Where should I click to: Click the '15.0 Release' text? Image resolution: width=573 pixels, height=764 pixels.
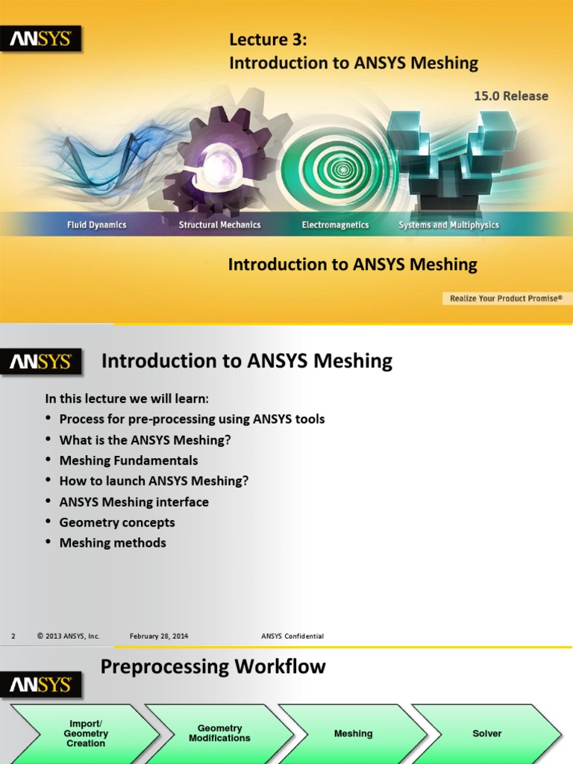click(x=511, y=96)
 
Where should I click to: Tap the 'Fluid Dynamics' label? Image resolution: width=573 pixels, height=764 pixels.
click(x=97, y=225)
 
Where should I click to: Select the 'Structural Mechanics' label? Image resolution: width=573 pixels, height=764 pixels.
click(x=220, y=225)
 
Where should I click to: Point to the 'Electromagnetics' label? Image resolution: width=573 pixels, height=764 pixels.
click(x=335, y=225)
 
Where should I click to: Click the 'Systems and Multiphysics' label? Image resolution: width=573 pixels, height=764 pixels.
click(x=448, y=225)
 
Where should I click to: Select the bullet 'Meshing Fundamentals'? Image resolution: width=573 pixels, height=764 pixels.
click(x=128, y=460)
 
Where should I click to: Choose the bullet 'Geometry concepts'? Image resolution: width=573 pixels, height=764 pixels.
click(x=117, y=522)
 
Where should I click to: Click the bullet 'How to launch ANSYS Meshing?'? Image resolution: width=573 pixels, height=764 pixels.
click(x=154, y=481)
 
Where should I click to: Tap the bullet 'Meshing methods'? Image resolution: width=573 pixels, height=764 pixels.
click(x=113, y=543)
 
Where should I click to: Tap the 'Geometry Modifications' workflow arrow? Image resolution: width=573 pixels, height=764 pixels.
click(x=219, y=733)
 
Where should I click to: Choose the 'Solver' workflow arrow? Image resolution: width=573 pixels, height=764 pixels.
click(x=486, y=733)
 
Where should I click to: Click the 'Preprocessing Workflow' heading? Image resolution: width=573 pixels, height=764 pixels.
click(x=213, y=666)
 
